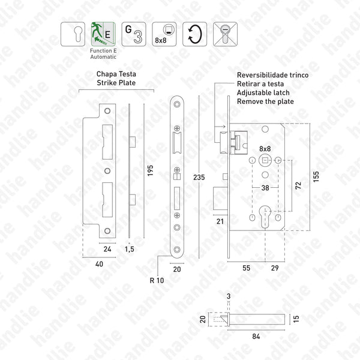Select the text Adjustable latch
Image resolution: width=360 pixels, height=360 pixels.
pos(263,93)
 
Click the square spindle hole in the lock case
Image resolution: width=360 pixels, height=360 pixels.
pos(265,161)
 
